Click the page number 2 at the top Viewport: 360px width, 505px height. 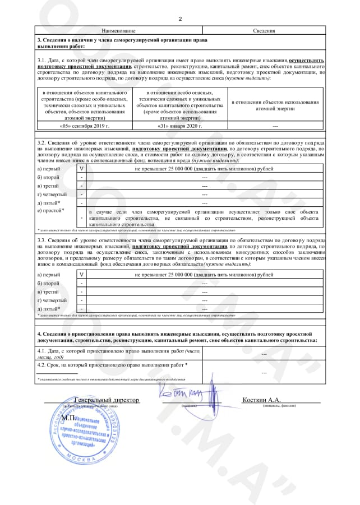pyautogui.click(x=180, y=19)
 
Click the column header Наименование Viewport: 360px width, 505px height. pyautogui.click(x=119, y=31)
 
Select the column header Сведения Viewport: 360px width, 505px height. pyautogui.click(x=264, y=31)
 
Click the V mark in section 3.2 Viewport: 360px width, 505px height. pyautogui.click(x=82, y=168)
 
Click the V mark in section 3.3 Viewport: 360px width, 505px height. pyautogui.click(x=82, y=275)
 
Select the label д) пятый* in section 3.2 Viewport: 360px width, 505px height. pyautogui.click(x=49, y=202)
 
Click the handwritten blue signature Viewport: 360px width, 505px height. pyautogui.click(x=185, y=396)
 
